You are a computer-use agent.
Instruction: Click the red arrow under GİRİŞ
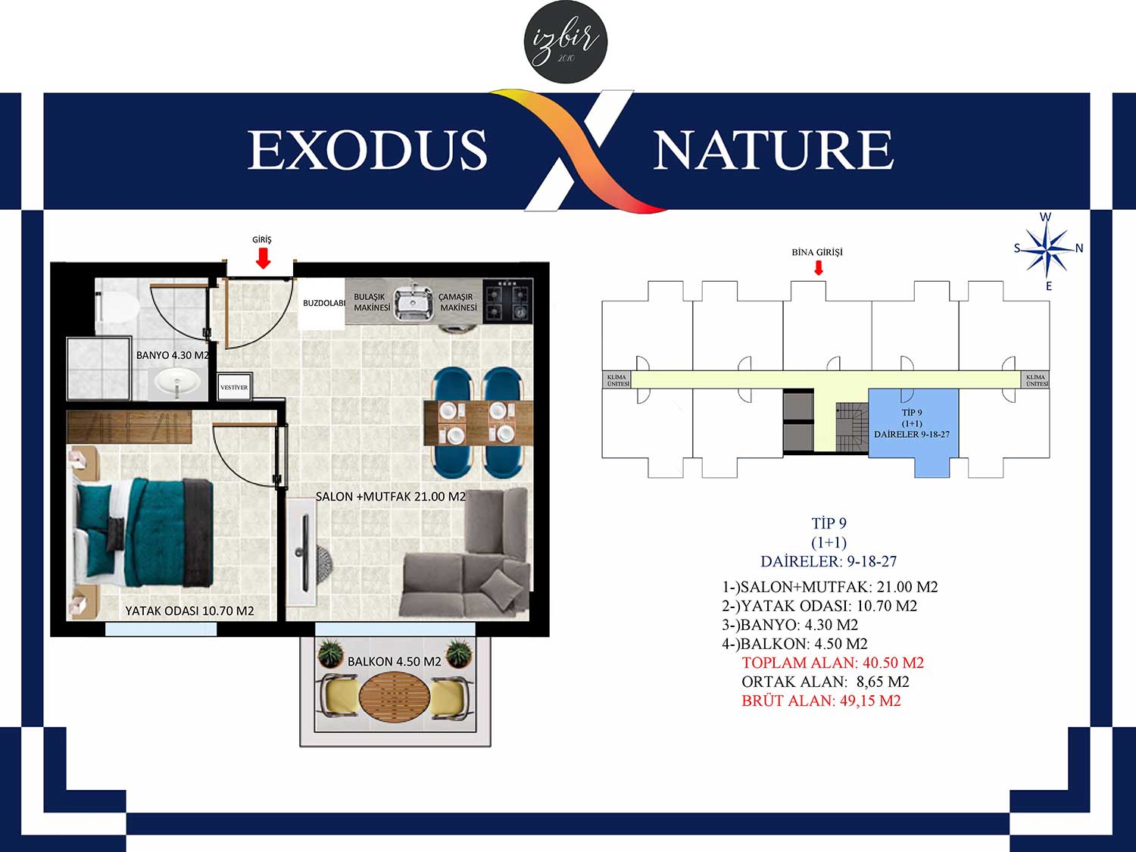click(264, 258)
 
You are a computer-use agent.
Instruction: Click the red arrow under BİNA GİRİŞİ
click(818, 267)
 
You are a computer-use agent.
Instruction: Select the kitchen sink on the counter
click(414, 303)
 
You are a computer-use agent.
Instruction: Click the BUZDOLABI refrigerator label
click(324, 303)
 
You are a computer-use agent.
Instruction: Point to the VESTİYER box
click(235, 386)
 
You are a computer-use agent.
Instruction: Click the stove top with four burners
click(507, 301)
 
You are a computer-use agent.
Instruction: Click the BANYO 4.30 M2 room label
click(173, 355)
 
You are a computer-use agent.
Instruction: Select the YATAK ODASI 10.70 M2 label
click(189, 611)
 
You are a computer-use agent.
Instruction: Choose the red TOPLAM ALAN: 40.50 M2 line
click(833, 663)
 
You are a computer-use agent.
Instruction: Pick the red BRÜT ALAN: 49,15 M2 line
click(822, 701)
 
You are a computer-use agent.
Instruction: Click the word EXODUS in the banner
click(367, 150)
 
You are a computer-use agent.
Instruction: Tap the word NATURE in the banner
click(774, 150)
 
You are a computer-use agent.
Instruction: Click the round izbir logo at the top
click(566, 42)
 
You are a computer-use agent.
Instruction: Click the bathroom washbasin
click(177, 382)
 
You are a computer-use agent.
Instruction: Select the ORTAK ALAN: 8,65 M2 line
click(825, 682)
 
